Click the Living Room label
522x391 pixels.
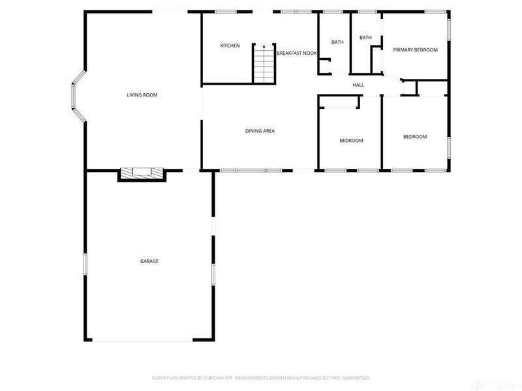coord(142,95)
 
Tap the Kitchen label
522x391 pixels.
coord(230,46)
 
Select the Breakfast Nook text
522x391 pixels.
coord(296,53)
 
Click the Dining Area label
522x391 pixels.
coord(260,131)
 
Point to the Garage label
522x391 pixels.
coord(149,261)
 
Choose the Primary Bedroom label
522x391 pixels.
coord(415,50)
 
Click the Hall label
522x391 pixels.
coord(358,85)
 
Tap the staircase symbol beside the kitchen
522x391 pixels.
coord(263,63)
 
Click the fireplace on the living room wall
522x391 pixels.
coord(142,174)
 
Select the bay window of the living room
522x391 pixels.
coord(78,97)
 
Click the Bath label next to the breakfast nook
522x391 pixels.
coord(337,42)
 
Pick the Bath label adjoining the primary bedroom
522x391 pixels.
coord(365,38)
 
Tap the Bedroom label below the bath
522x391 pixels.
coord(351,141)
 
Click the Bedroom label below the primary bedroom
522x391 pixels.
coord(414,137)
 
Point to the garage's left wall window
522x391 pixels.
coord(85,267)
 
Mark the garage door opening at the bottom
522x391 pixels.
coord(142,340)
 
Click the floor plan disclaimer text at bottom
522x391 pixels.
coord(261,377)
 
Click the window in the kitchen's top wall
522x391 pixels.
coord(226,11)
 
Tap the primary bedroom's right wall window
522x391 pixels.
coord(448,30)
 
